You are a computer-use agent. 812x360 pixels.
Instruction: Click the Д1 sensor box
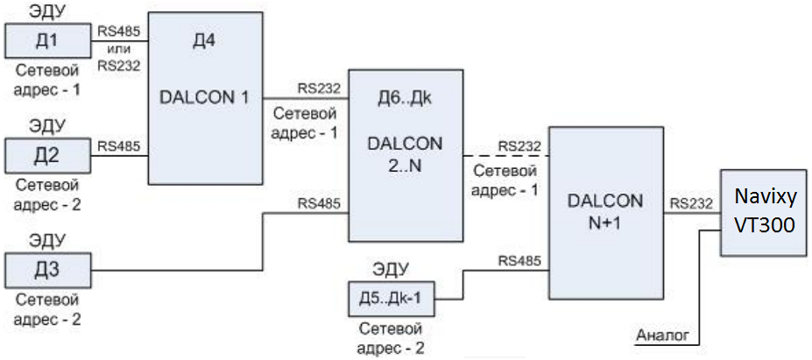[48, 39]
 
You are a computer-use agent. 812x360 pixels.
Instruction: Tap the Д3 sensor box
[48, 269]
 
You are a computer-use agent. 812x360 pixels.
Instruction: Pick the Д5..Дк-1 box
[390, 298]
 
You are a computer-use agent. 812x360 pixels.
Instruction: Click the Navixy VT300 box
[763, 213]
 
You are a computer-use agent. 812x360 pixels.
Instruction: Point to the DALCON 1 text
[205, 98]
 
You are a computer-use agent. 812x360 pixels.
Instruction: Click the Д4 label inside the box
[203, 41]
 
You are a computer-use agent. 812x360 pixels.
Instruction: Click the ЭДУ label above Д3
[47, 237]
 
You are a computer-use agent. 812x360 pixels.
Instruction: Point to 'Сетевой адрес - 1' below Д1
[48, 80]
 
